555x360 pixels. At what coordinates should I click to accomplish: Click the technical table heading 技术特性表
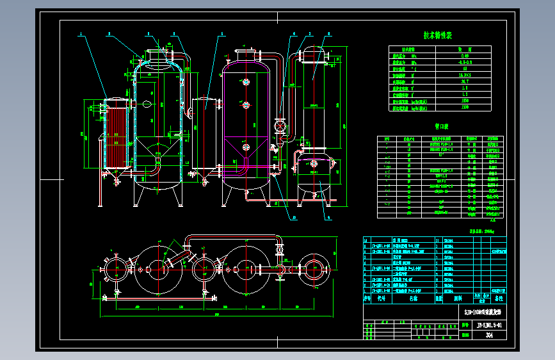pos(438,36)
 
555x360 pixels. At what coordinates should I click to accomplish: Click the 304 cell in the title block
pos(490,334)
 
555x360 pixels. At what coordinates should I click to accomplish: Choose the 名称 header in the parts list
pos(412,298)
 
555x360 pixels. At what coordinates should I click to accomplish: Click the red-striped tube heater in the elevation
pos(115,138)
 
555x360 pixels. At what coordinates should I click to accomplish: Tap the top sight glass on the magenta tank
pos(246,81)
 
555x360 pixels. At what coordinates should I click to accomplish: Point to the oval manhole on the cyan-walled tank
pos(147,105)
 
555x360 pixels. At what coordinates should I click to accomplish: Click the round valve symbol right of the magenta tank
pos(279,126)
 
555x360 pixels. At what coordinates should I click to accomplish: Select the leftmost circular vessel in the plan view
pos(115,269)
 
